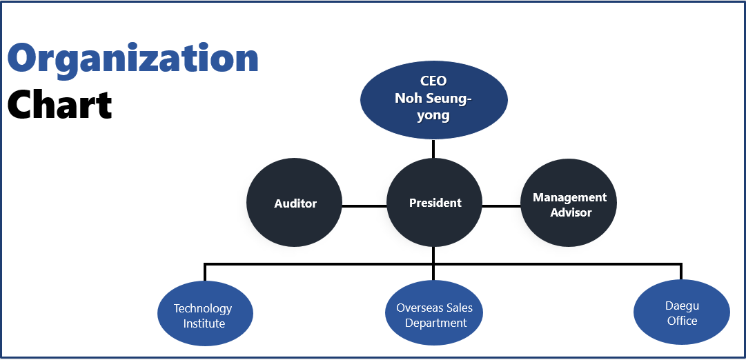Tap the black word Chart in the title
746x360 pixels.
coord(59,104)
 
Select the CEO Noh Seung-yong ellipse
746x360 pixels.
coord(434,100)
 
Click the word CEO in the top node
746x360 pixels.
coord(434,81)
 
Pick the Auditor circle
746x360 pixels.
coord(295,203)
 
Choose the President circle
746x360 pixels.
coord(434,203)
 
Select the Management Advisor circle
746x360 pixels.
coord(569,203)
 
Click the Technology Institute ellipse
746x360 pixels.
coord(205,313)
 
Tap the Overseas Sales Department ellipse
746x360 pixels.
coord(433,313)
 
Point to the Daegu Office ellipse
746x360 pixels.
coord(682,312)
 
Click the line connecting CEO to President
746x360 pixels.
coord(433,149)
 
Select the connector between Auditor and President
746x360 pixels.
coord(364,206)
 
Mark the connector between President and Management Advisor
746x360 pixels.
coord(502,206)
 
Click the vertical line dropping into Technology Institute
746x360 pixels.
coord(205,272)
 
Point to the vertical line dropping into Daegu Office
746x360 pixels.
coord(681,271)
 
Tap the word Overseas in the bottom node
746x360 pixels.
coord(414,308)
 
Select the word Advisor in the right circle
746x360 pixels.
coord(571,212)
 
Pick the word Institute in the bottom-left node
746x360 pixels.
coord(204,323)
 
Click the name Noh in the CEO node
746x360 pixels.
coord(405,99)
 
